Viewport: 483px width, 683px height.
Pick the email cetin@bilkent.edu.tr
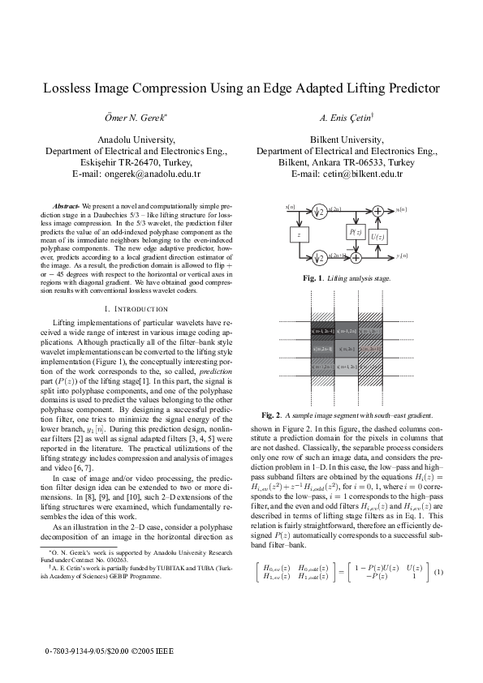(358, 174)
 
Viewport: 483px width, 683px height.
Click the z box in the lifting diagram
(300, 234)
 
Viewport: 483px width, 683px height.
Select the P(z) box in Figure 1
(354, 232)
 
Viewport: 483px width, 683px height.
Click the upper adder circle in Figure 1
(377, 212)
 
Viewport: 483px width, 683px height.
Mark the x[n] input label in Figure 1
(290, 208)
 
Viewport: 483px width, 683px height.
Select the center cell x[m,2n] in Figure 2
(346, 349)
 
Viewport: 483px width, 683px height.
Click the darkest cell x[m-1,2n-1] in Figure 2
(321, 331)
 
